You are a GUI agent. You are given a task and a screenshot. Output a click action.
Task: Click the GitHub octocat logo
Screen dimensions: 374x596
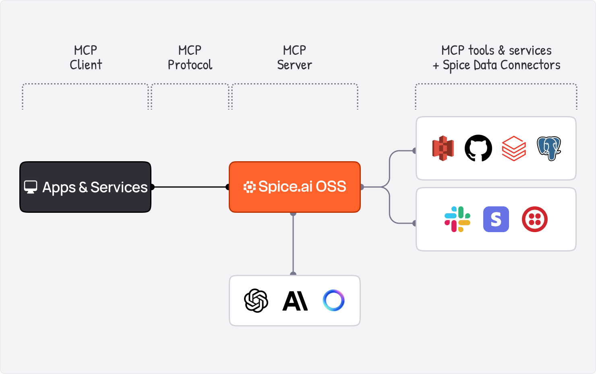478,148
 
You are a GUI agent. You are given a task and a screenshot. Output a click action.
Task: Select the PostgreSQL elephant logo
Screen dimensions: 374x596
549,148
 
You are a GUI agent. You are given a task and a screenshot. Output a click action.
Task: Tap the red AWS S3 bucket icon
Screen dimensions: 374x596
443,148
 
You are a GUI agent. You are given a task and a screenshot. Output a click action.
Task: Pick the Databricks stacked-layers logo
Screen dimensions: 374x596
514,148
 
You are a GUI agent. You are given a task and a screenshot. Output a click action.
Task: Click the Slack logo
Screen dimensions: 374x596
457,219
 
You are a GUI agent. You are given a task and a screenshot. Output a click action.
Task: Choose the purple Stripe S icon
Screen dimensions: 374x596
496,219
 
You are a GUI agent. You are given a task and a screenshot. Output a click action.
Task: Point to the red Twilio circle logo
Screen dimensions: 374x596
534,219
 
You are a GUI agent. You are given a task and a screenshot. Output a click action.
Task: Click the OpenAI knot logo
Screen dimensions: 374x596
256,301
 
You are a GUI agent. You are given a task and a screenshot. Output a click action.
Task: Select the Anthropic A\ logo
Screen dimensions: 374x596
295,301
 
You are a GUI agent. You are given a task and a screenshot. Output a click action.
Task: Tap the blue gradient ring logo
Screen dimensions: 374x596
334,301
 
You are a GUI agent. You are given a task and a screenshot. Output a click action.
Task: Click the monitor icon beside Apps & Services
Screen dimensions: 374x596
31,187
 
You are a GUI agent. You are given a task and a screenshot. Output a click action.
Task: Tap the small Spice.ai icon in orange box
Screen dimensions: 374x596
249,187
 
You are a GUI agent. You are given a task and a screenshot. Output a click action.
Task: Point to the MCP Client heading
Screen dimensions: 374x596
85,58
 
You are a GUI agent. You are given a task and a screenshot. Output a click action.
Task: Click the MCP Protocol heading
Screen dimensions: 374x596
190,58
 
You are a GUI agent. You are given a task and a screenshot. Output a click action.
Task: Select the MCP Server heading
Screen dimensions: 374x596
294,58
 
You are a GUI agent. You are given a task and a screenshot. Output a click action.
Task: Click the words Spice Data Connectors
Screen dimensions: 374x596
501,65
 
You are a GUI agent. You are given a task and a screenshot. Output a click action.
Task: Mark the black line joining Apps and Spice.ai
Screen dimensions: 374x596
190,187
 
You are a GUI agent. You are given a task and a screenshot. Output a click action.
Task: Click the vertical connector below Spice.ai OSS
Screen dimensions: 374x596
293,244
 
